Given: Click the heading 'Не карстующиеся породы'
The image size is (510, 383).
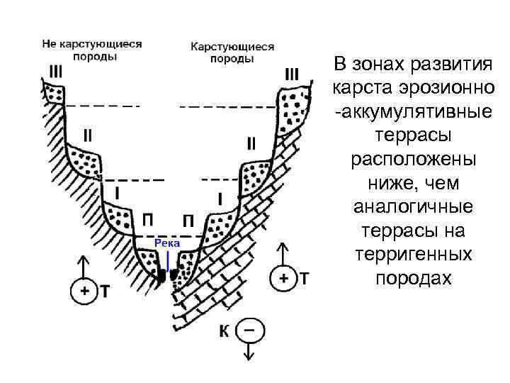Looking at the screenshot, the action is tap(91, 49).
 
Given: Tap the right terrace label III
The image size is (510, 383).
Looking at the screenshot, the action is tap(291, 73).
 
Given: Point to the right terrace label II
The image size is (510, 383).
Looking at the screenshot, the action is tap(251, 144).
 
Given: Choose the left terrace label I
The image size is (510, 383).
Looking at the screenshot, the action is tap(116, 192).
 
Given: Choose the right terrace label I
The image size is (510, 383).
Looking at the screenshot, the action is tap(220, 200).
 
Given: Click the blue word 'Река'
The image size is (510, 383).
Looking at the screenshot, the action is tap(168, 243).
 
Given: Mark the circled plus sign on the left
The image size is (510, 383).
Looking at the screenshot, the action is tap(84, 291).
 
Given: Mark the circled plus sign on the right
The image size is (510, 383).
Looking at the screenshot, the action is tap(283, 278).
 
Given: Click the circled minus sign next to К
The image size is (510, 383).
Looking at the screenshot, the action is tap(248, 331).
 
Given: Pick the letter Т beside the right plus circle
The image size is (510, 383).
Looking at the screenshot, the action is tap(304, 278).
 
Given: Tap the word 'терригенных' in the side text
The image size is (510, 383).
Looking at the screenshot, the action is tap(414, 253).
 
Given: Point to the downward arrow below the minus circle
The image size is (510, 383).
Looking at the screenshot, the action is tap(248, 350).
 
